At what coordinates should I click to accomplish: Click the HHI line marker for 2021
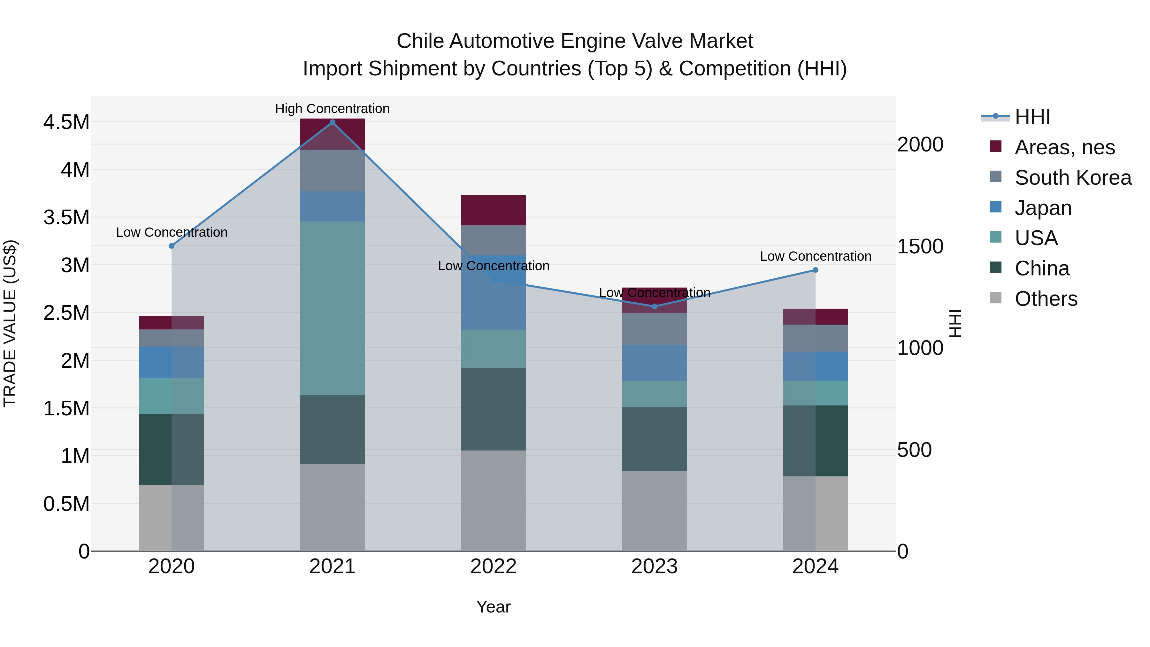[332, 122]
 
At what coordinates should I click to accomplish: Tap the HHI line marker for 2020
[172, 246]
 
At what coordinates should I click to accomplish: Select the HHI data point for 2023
[655, 306]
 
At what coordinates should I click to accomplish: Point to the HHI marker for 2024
[815, 270]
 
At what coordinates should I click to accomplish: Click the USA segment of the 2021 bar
[332, 308]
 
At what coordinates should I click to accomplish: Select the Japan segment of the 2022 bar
[493, 304]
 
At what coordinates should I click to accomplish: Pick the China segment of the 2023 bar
[655, 439]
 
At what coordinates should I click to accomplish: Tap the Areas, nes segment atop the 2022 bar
[493, 210]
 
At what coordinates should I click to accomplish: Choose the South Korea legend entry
[1073, 178]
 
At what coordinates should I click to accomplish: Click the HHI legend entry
[1032, 117]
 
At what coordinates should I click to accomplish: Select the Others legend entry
[1046, 299]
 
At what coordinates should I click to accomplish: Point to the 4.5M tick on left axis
[66, 122]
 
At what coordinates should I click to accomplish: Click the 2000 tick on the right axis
[920, 145]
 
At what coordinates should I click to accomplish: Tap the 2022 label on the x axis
[493, 566]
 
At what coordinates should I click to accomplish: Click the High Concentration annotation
[332, 109]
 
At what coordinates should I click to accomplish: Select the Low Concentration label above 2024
[815, 256]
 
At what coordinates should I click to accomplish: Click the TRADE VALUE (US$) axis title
[10, 323]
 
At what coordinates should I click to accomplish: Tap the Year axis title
[493, 607]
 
